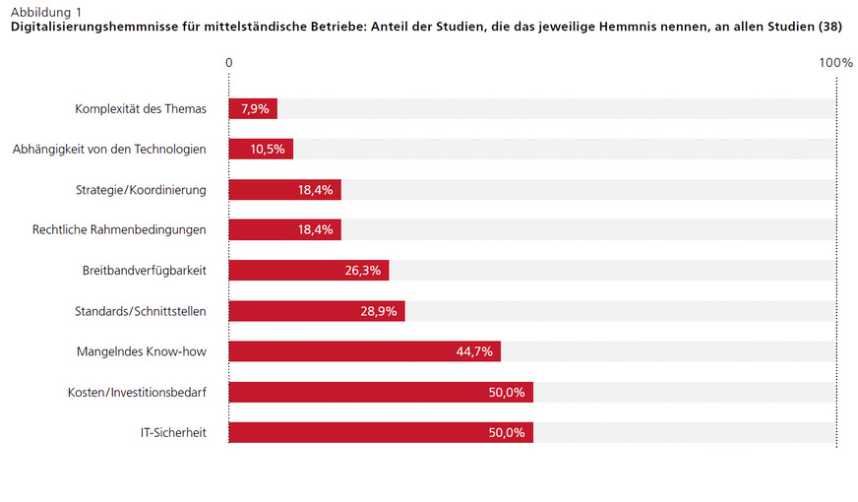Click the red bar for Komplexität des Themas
pyautogui.click(x=253, y=108)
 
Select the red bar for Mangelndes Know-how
pyautogui.click(x=365, y=351)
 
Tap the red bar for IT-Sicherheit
pyautogui.click(x=381, y=432)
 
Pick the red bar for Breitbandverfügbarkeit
pyautogui.click(x=309, y=271)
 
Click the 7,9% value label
pyautogui.click(x=256, y=108)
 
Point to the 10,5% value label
pyautogui.click(x=268, y=150)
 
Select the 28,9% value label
pyautogui.click(x=379, y=311)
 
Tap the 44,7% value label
pyautogui.click(x=475, y=351)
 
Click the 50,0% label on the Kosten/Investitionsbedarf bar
pyautogui.click(x=507, y=392)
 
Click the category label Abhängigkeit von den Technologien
pyautogui.click(x=109, y=150)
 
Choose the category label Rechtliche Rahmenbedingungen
pyautogui.click(x=119, y=230)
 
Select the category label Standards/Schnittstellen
pyautogui.click(x=141, y=311)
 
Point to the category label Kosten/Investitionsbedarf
pyautogui.click(x=137, y=392)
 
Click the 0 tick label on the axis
pyautogui.click(x=229, y=63)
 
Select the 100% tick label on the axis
pyautogui.click(x=835, y=63)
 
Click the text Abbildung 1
pyautogui.click(x=46, y=11)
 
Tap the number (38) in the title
pyautogui.click(x=830, y=27)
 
